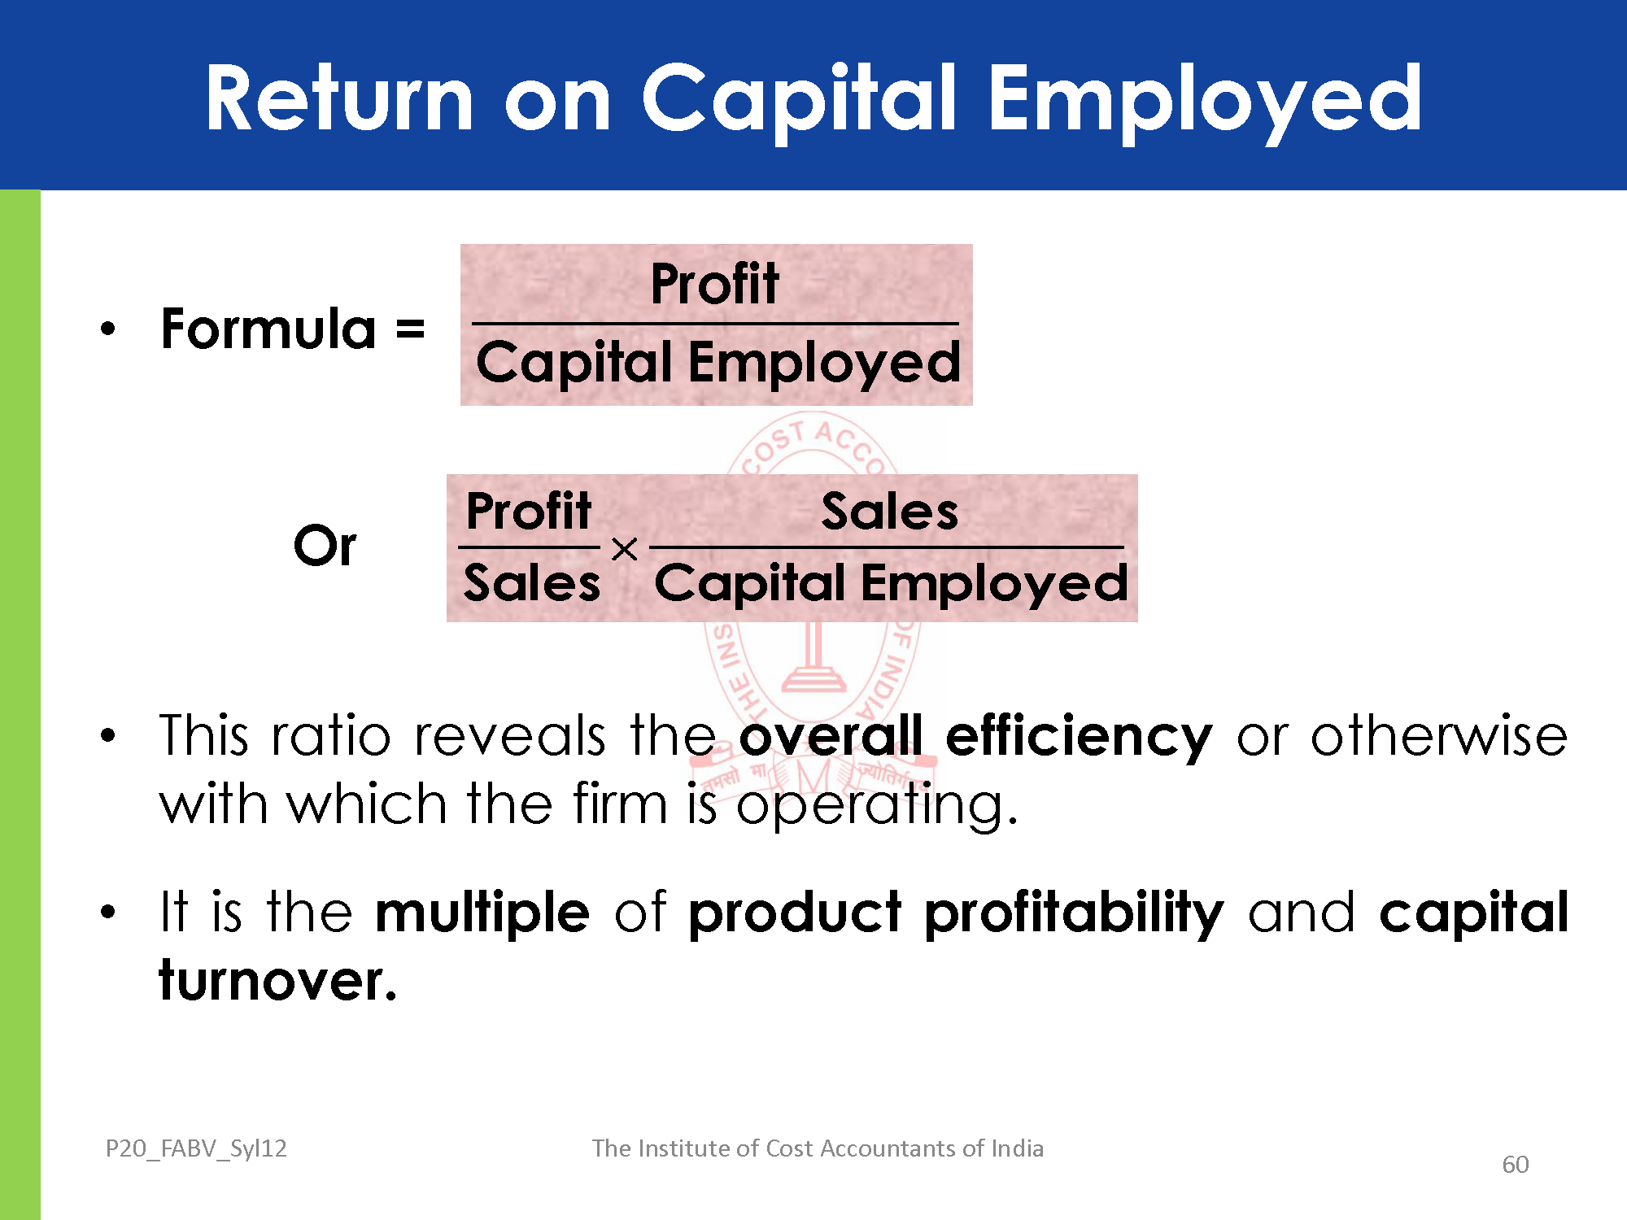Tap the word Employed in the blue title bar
(x=1206, y=103)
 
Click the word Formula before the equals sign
(x=268, y=329)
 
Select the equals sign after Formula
(x=410, y=330)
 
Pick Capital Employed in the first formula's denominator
(x=718, y=363)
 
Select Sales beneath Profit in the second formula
(x=532, y=583)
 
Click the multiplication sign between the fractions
(x=624, y=550)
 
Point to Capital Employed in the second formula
(x=892, y=584)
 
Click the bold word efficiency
(x=1079, y=737)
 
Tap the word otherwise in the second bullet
(x=1439, y=735)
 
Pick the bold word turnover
(x=277, y=981)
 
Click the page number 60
(x=1516, y=1165)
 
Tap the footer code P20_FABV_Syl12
(x=196, y=1148)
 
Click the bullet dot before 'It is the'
(x=108, y=912)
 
